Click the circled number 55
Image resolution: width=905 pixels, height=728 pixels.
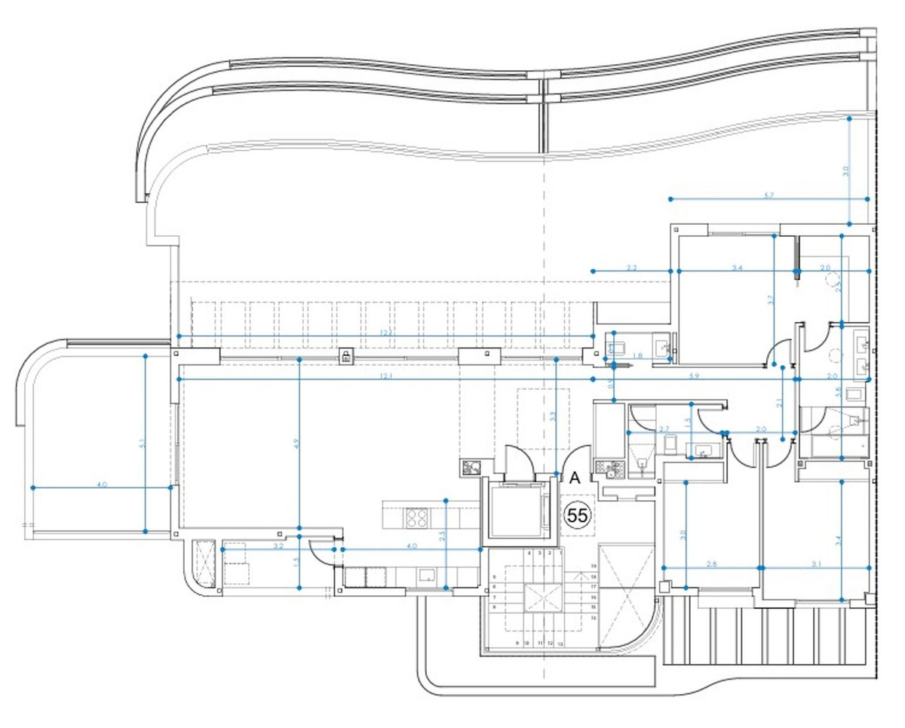tap(578, 516)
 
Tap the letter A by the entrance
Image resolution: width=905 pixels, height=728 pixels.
tap(573, 478)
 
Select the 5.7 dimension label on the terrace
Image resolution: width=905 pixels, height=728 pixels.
tap(768, 195)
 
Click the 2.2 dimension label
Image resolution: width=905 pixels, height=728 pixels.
tap(632, 267)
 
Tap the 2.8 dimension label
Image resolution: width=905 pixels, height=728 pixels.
tap(712, 564)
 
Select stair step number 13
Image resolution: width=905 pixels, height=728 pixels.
tap(560, 644)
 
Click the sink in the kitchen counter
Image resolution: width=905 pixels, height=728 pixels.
tap(427, 576)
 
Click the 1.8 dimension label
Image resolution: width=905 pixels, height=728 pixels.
tap(638, 356)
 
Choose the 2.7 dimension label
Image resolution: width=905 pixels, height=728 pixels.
tap(664, 429)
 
